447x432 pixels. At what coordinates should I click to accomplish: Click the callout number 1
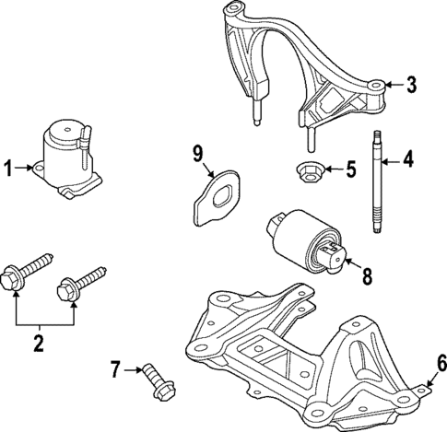8,168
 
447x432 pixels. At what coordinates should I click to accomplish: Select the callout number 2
39,344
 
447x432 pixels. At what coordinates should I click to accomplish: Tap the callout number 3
411,86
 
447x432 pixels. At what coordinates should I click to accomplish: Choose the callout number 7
116,370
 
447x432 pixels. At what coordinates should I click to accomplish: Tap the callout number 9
196,152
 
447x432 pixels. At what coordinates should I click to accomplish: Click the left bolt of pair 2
28,272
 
